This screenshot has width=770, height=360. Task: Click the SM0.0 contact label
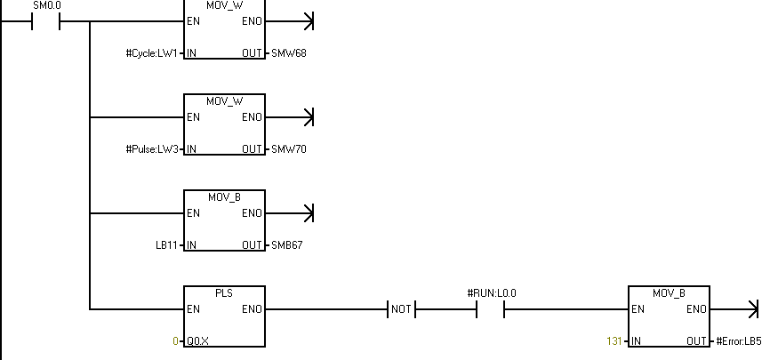coord(47,5)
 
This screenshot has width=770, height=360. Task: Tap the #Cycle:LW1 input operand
coord(153,53)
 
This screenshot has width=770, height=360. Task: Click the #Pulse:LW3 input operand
coord(153,149)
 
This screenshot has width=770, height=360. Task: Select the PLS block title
coord(224,292)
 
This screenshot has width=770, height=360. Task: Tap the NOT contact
coord(402,309)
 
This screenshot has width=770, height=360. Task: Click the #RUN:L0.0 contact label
coord(491,292)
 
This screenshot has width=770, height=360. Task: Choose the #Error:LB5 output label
coord(738,341)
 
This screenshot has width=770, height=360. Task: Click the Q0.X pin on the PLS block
coord(197,341)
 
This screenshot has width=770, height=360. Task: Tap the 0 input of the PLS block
coord(176,341)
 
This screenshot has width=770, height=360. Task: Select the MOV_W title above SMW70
coord(224,100)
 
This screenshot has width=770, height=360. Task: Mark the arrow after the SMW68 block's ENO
coord(309,20)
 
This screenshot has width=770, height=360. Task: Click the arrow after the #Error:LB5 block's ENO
coord(753,309)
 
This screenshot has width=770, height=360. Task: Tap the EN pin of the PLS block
coord(193,309)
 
